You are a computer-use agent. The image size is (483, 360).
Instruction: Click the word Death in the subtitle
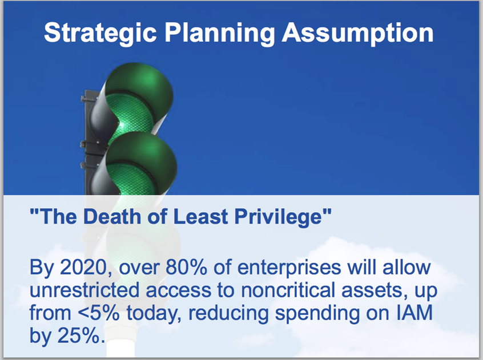(x=111, y=216)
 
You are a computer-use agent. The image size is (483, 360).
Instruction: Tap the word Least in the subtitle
(x=200, y=216)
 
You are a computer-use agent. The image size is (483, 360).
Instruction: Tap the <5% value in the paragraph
(x=99, y=313)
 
